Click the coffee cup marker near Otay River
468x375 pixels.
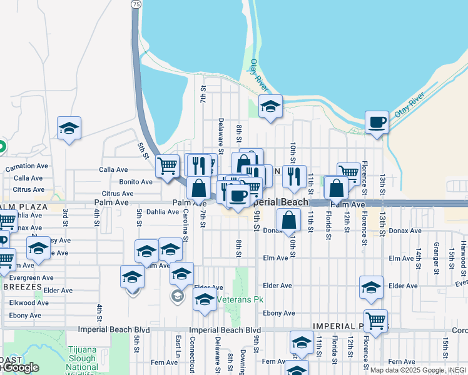pyautogui.click(x=377, y=122)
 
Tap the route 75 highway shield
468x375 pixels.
pyautogui.click(x=135, y=4)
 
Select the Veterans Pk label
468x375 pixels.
pyautogui.click(x=237, y=300)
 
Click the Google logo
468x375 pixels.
pyautogui.click(x=20, y=368)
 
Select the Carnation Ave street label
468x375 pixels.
pyautogui.click(x=27, y=167)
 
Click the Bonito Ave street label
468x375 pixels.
pyautogui.click(x=136, y=182)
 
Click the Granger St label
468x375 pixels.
pyautogui.click(x=434, y=257)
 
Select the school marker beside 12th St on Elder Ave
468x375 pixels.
pyautogui.click(x=371, y=287)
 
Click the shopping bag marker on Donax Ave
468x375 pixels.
pyautogui.click(x=288, y=221)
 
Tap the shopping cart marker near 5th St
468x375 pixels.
pyautogui.click(x=167, y=166)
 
